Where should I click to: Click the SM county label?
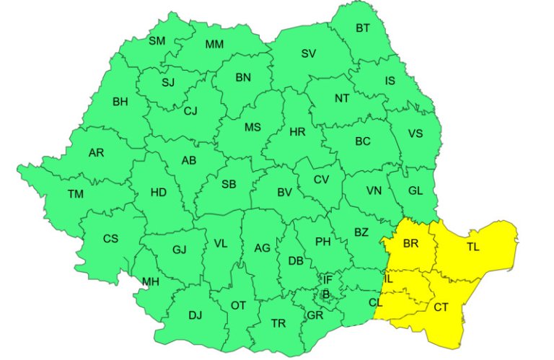click(157, 41)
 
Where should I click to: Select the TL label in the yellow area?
click(472, 247)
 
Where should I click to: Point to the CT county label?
click(441, 308)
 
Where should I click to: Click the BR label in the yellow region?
click(410, 244)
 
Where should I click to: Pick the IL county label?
click(390, 278)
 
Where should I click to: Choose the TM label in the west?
click(76, 193)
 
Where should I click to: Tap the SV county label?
click(309, 53)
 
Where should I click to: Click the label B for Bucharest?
click(326, 294)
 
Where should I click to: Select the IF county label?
click(327, 279)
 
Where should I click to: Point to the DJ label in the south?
click(195, 315)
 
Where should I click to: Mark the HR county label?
click(297, 132)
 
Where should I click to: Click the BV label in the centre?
click(284, 193)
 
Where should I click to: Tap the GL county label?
click(415, 191)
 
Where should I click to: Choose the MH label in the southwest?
click(150, 281)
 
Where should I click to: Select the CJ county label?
click(190, 110)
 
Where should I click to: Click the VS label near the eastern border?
click(415, 133)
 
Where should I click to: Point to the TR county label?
click(278, 324)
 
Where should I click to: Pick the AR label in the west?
click(96, 153)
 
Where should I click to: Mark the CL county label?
click(375, 303)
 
